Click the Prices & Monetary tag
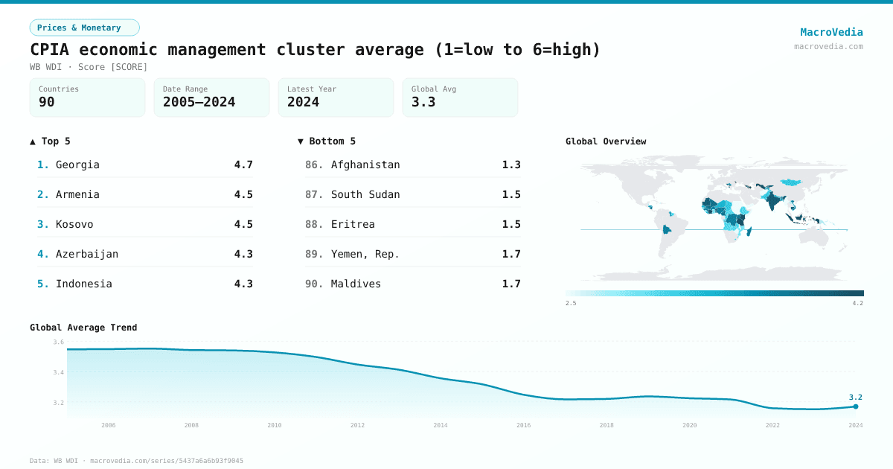coord(84,28)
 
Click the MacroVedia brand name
coord(831,32)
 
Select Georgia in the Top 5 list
coord(77,165)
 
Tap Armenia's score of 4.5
coord(243,194)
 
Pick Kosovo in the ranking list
coord(74,224)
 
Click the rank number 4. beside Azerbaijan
coord(43,254)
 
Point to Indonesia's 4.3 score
coord(243,284)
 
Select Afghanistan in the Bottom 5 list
coord(365,165)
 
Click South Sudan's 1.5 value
coord(511,194)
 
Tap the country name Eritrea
coord(353,224)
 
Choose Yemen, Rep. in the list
coord(365,254)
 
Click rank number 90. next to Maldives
coord(314,284)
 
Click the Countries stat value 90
coord(47,102)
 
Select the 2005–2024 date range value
coord(199,102)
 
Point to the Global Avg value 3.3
coord(423,102)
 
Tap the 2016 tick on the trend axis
coord(523,425)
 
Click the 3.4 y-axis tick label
coord(58,372)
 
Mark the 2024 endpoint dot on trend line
coord(856,406)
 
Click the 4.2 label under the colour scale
coord(857,303)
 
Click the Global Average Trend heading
coord(83,328)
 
